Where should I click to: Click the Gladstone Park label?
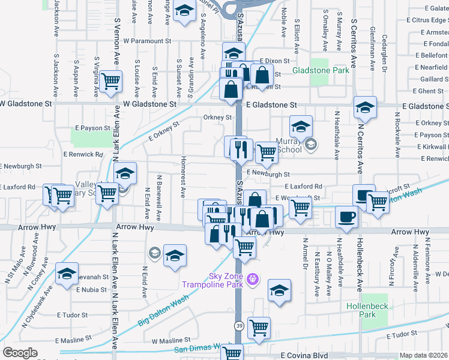click(321, 70)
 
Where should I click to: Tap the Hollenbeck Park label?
click(375, 310)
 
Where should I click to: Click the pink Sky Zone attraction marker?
click(253, 278)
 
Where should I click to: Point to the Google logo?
click(19, 352)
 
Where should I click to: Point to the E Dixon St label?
click(275, 61)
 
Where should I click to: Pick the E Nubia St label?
click(91, 289)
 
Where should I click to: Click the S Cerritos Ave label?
click(354, 42)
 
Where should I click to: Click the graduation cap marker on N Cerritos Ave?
click(365, 107)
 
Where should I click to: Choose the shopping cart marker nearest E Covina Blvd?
click(259, 328)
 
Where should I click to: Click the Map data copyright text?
click(424, 355)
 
